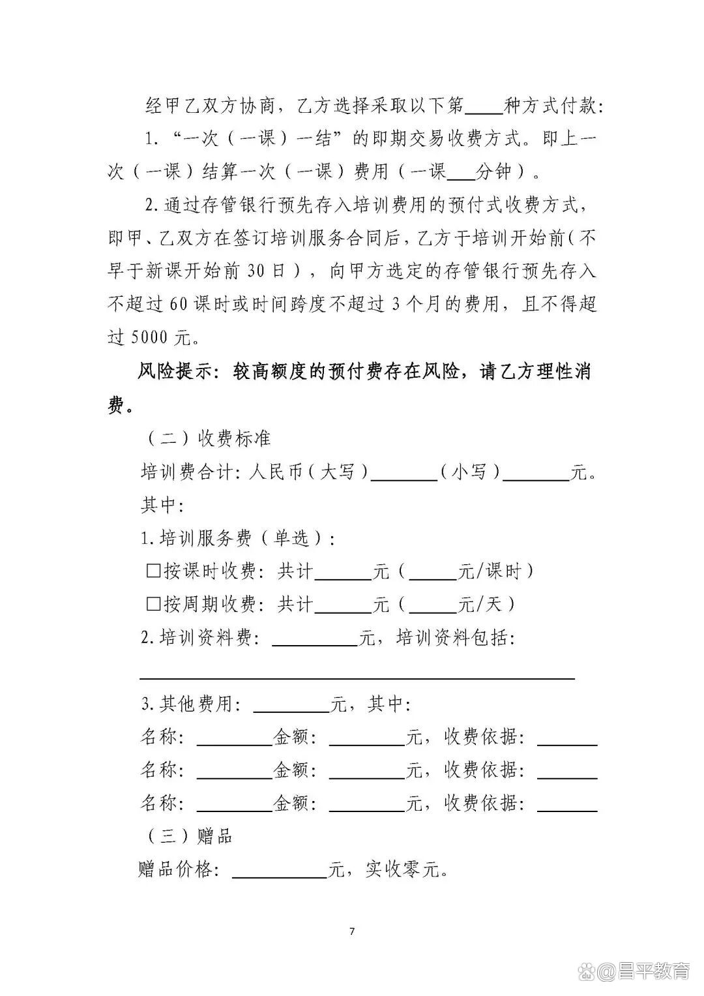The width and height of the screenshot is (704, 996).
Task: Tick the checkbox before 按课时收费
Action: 153,571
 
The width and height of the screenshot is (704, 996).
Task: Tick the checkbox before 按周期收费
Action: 153,604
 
